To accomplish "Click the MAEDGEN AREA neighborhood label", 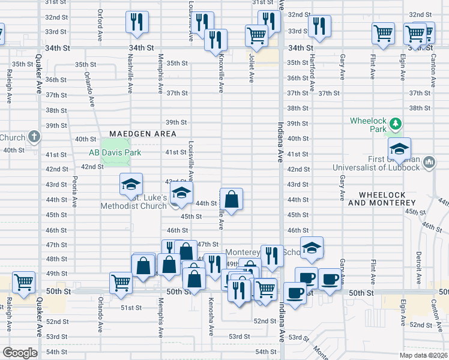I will coord(143,133).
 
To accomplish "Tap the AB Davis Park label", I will coord(115,153).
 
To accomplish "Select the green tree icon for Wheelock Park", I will coord(395,124).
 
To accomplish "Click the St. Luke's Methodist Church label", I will coord(139,202).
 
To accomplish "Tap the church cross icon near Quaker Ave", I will coord(34,137).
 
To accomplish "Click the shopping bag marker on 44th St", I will coord(232,197).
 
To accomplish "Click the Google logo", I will coord(20,353).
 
